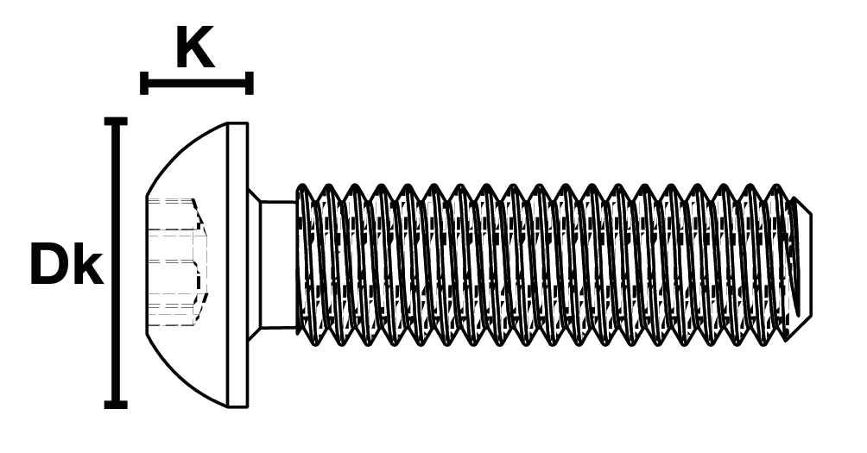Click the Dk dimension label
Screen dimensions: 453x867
pos(66,265)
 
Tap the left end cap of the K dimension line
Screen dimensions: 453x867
pos(144,84)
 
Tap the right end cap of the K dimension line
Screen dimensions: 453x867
pos(250,84)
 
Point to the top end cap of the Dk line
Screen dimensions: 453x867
pos(115,122)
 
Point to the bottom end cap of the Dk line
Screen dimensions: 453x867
pos(115,404)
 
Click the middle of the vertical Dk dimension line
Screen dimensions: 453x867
pos(115,263)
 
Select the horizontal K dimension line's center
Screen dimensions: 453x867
pos(197,84)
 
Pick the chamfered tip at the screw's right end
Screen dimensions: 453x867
pos(801,263)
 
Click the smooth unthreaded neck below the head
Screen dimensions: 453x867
pos(278,264)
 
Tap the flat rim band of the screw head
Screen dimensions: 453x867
pos(237,264)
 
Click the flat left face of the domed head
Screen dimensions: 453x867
pos(147,263)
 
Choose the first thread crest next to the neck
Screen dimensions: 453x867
pos(303,187)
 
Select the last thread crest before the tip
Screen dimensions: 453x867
pos(776,189)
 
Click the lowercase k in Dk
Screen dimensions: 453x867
pos(87,265)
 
